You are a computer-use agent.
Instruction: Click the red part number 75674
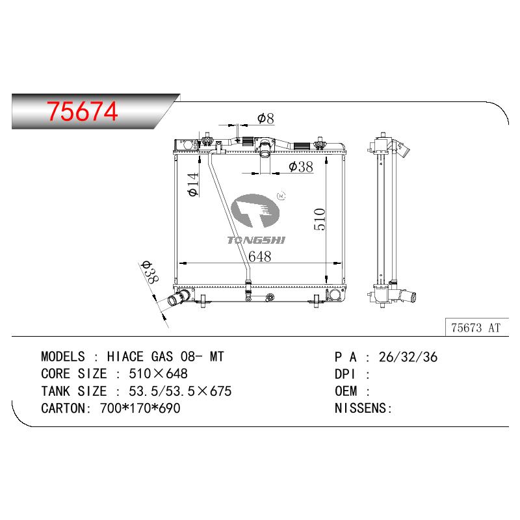point(83,111)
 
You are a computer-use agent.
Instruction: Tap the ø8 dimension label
point(266,118)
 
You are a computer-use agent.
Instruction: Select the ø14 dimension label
point(193,185)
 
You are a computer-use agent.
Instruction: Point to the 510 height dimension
point(320,219)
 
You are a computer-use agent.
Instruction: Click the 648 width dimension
point(259,256)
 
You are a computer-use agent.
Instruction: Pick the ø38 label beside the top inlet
point(301,166)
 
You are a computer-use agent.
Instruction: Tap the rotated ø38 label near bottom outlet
point(150,272)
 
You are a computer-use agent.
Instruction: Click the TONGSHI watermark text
point(256,240)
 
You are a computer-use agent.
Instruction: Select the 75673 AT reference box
point(476,328)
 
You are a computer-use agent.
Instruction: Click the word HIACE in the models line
point(125,357)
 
